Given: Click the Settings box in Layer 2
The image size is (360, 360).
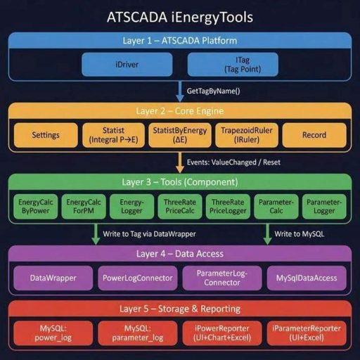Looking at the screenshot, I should [x=45, y=135].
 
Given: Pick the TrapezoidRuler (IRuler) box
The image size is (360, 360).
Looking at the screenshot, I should [x=242, y=135].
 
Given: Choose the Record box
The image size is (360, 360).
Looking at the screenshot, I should [x=314, y=135].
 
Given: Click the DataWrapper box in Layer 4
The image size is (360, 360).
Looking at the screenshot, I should [x=53, y=278].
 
